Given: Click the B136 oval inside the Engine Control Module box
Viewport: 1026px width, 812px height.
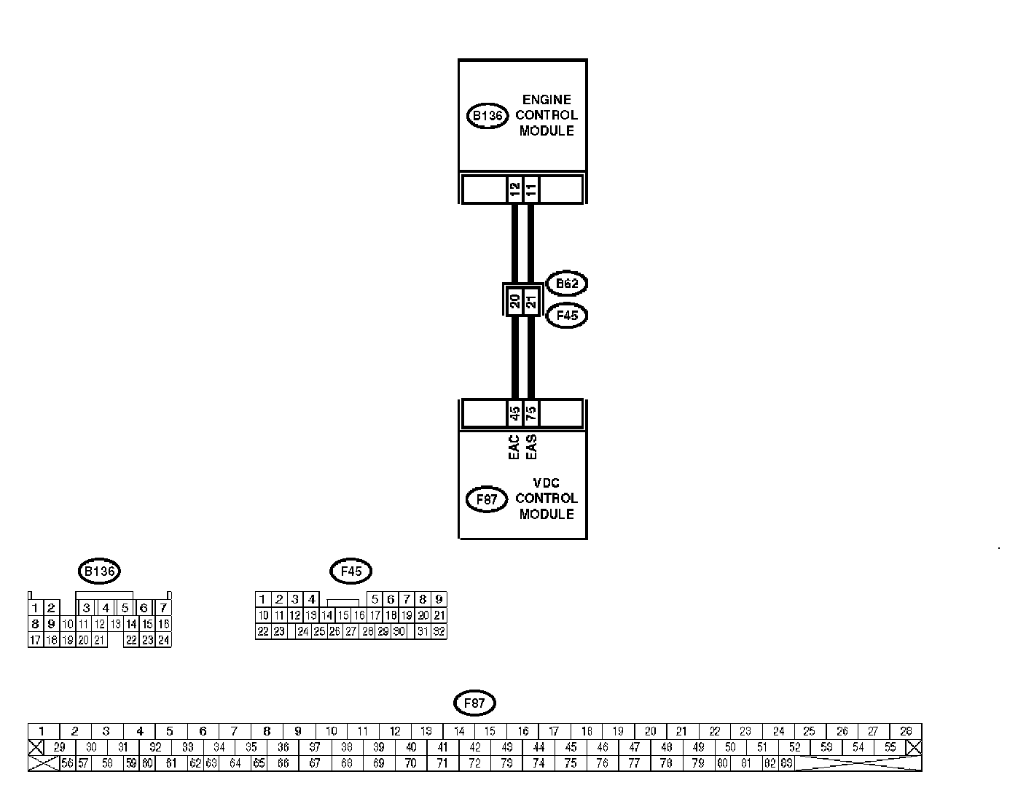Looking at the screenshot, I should [x=487, y=116].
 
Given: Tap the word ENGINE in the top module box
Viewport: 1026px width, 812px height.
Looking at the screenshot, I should [x=547, y=99].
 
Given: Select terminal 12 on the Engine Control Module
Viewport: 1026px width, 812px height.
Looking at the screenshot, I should [x=515, y=190].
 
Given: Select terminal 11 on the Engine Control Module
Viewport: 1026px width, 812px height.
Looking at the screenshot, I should [x=531, y=190].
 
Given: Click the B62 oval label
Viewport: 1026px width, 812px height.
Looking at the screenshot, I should [x=566, y=284].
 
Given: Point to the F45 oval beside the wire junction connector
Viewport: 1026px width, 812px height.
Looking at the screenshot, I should [x=566, y=316].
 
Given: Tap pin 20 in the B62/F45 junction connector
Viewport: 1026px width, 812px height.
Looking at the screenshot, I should [x=515, y=300].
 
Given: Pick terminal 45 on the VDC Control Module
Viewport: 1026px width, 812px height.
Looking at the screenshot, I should [x=515, y=414].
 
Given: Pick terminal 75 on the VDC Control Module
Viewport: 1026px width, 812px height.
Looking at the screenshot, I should [x=531, y=414].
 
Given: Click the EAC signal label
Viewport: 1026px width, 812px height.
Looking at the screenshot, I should [x=514, y=447].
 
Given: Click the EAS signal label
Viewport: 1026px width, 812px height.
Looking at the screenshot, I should [x=531, y=447].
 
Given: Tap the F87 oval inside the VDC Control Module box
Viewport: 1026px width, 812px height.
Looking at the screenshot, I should [x=486, y=499].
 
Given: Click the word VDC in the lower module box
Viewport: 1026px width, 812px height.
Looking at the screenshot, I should [x=547, y=483].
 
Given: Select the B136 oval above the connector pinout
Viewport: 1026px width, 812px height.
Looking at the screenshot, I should [x=99, y=571].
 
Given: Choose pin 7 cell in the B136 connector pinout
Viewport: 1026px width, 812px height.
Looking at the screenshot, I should [x=164, y=608].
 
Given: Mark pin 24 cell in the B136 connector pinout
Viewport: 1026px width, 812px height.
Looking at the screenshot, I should [x=164, y=640].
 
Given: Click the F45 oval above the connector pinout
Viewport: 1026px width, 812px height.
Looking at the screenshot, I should [x=351, y=571].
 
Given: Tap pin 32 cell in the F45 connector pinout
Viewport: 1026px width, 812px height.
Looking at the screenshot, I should [x=439, y=632].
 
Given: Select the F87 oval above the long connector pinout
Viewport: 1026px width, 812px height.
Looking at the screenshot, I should [x=474, y=703].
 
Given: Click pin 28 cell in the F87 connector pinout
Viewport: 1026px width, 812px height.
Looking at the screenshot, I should [x=906, y=731].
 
